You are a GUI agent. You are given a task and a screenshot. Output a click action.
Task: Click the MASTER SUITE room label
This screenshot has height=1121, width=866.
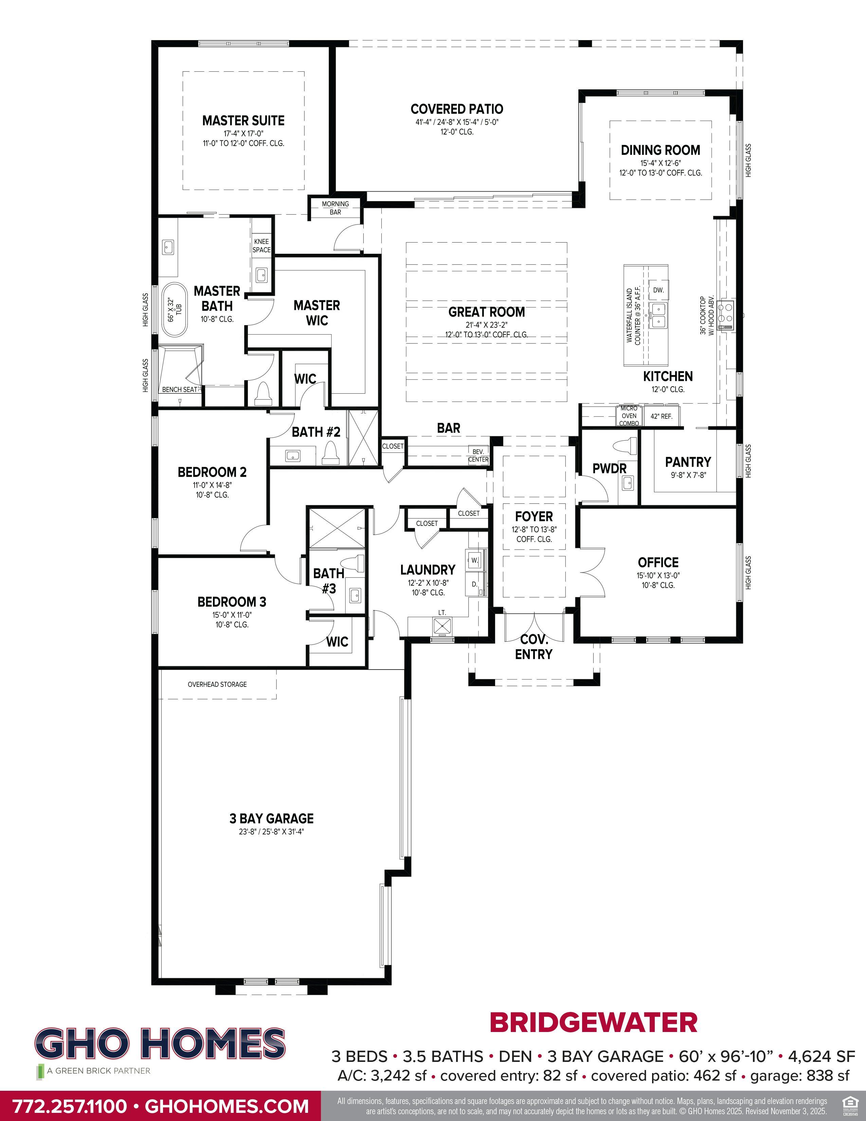tap(243, 121)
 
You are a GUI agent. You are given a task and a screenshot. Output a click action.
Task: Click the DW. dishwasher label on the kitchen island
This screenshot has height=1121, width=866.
tap(658, 290)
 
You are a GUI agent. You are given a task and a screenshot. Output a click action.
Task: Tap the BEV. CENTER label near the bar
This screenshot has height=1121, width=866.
tap(478, 455)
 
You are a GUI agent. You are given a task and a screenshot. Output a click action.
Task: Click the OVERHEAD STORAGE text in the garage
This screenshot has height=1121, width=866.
tap(217, 684)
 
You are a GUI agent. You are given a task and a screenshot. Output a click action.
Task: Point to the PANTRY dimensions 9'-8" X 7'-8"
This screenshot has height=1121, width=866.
tap(688, 475)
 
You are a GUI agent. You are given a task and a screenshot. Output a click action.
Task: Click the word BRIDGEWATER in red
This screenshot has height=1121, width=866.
tap(594, 1022)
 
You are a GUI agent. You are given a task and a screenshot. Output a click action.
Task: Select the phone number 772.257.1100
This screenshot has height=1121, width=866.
tap(69, 1106)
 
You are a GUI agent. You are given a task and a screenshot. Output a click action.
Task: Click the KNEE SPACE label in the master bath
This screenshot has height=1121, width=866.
tap(261, 245)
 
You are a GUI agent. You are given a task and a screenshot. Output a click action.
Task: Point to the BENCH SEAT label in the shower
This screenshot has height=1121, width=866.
tap(179, 390)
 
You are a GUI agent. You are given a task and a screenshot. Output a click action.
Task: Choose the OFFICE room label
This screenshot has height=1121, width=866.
tap(658, 562)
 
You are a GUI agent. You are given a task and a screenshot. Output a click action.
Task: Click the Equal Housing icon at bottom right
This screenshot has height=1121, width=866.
tap(850, 1102)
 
